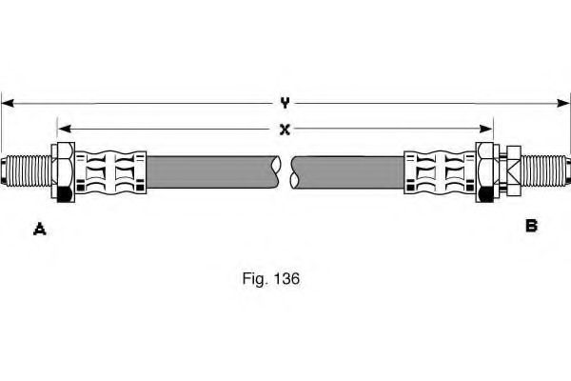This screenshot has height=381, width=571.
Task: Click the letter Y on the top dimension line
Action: pyautogui.click(x=285, y=102)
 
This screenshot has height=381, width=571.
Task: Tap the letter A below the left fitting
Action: pyautogui.click(x=40, y=227)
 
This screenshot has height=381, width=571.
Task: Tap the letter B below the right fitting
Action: pyautogui.click(x=531, y=226)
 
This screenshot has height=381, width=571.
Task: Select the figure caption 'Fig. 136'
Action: pyautogui.click(x=271, y=280)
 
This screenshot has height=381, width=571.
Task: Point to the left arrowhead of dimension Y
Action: pyautogui.click(x=9, y=102)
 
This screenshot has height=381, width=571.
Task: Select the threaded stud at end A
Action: pyautogui.click(x=30, y=171)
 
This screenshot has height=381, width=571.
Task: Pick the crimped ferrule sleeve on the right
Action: pyautogui.click(x=440, y=171)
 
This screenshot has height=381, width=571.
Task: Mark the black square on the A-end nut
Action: pyautogui.click(x=64, y=194)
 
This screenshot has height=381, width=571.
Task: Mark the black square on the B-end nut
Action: pyautogui.click(x=486, y=194)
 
